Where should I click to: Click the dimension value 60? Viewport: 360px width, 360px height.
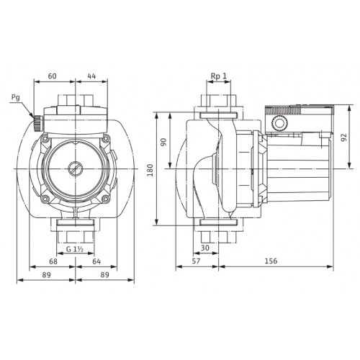pyautogui.click(x=52, y=76)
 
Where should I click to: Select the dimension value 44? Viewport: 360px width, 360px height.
pyautogui.click(x=91, y=76)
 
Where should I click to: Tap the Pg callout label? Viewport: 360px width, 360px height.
pyautogui.click(x=15, y=98)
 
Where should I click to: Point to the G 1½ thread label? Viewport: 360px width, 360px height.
pyautogui.click(x=75, y=249)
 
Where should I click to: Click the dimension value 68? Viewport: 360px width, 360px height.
pyautogui.click(x=53, y=261)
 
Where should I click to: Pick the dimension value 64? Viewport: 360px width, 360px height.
pyautogui.click(x=96, y=261)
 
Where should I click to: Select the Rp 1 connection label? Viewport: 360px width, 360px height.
pyautogui.click(x=219, y=76)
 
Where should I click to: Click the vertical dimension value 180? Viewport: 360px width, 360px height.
pyautogui.click(x=150, y=170)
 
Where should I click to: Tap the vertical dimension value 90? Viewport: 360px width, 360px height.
pyautogui.click(x=163, y=142)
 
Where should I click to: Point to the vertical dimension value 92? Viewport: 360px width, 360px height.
pyautogui.click(x=344, y=138)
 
